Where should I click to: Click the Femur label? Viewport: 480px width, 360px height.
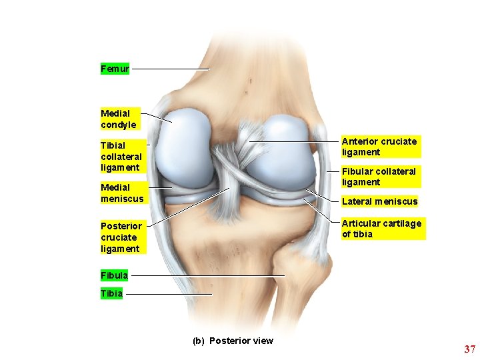(x=115, y=69)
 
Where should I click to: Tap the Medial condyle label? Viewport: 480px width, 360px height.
(x=119, y=119)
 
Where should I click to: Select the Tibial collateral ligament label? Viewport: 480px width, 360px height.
(x=121, y=155)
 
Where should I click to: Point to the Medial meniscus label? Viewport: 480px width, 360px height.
(x=122, y=193)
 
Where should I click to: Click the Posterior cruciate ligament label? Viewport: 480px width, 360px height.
(x=121, y=237)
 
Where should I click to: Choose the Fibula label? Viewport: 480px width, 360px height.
(x=114, y=275)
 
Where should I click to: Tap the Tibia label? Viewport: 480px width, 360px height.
(x=111, y=293)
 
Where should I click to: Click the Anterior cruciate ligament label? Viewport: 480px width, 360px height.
(x=379, y=147)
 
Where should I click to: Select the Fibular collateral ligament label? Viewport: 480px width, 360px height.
(x=378, y=177)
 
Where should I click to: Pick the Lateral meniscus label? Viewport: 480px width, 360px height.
(x=379, y=201)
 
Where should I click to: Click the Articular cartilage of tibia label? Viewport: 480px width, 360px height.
(x=381, y=229)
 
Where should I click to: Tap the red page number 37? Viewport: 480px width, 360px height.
(x=469, y=349)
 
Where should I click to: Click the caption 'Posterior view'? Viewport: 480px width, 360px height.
(x=241, y=341)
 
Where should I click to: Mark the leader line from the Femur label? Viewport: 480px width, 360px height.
(x=170, y=69)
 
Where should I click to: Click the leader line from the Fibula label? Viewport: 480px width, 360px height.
(x=207, y=275)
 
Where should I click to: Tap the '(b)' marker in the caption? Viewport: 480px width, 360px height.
(x=198, y=341)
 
